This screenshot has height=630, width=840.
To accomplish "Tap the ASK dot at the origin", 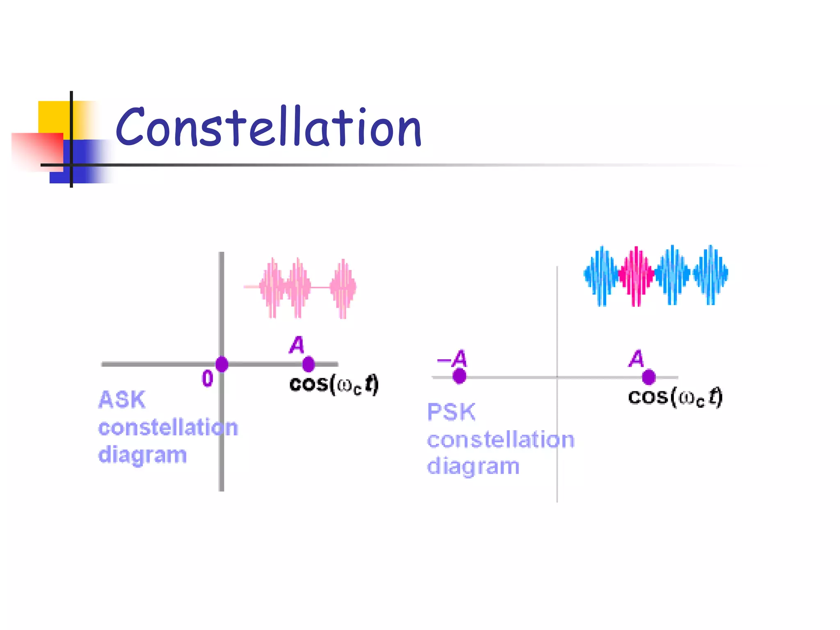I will (x=222, y=364).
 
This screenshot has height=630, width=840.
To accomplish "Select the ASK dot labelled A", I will (x=308, y=364).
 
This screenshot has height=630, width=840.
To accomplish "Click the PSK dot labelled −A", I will (x=459, y=376).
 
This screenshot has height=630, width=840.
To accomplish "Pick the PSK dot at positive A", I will (x=648, y=377).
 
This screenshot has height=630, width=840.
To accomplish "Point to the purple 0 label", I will (x=208, y=378).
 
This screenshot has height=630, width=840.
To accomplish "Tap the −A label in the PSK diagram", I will (x=452, y=359).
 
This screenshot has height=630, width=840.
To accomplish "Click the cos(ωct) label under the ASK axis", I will (x=333, y=385).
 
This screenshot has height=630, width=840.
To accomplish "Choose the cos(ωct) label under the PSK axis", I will (x=675, y=397).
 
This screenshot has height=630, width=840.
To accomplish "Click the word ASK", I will (x=122, y=399).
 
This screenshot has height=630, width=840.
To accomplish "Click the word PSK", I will (x=451, y=412).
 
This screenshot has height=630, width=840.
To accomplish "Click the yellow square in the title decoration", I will (x=53, y=117).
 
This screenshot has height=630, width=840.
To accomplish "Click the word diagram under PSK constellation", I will (x=473, y=467).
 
